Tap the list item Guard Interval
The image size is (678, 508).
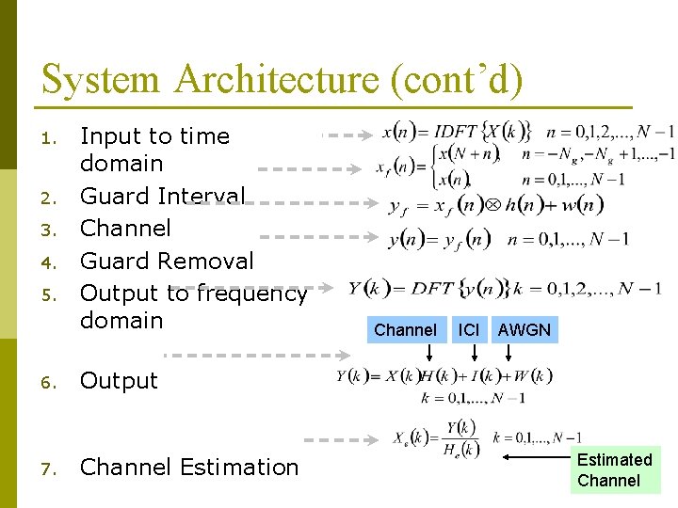pos(163,196)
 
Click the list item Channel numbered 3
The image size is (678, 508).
pos(125,228)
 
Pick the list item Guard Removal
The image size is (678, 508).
pos(167,261)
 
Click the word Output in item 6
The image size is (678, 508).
pos(119,381)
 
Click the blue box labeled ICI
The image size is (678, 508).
pos(468,329)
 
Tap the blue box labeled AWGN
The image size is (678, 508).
pos(525,329)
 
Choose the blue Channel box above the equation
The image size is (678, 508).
pos(405,329)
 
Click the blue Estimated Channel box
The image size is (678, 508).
pos(614,470)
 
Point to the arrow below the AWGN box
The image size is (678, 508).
pos(509,354)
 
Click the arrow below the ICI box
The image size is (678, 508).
pos(468,354)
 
